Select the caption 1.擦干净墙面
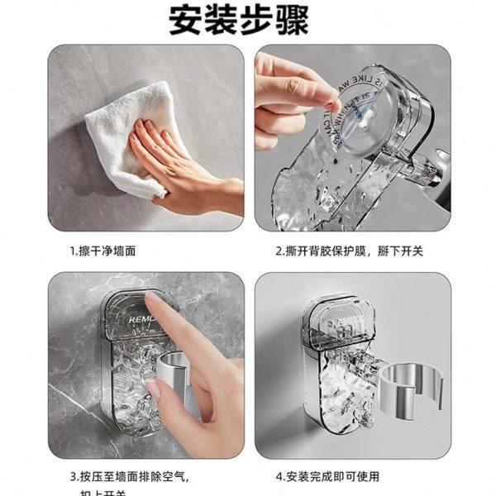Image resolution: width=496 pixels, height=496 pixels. coord(103,249)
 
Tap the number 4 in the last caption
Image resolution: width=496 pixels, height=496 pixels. coord(279,477)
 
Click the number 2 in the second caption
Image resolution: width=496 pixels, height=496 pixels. coord(279,249)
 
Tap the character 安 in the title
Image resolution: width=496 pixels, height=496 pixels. coord(188,18)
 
